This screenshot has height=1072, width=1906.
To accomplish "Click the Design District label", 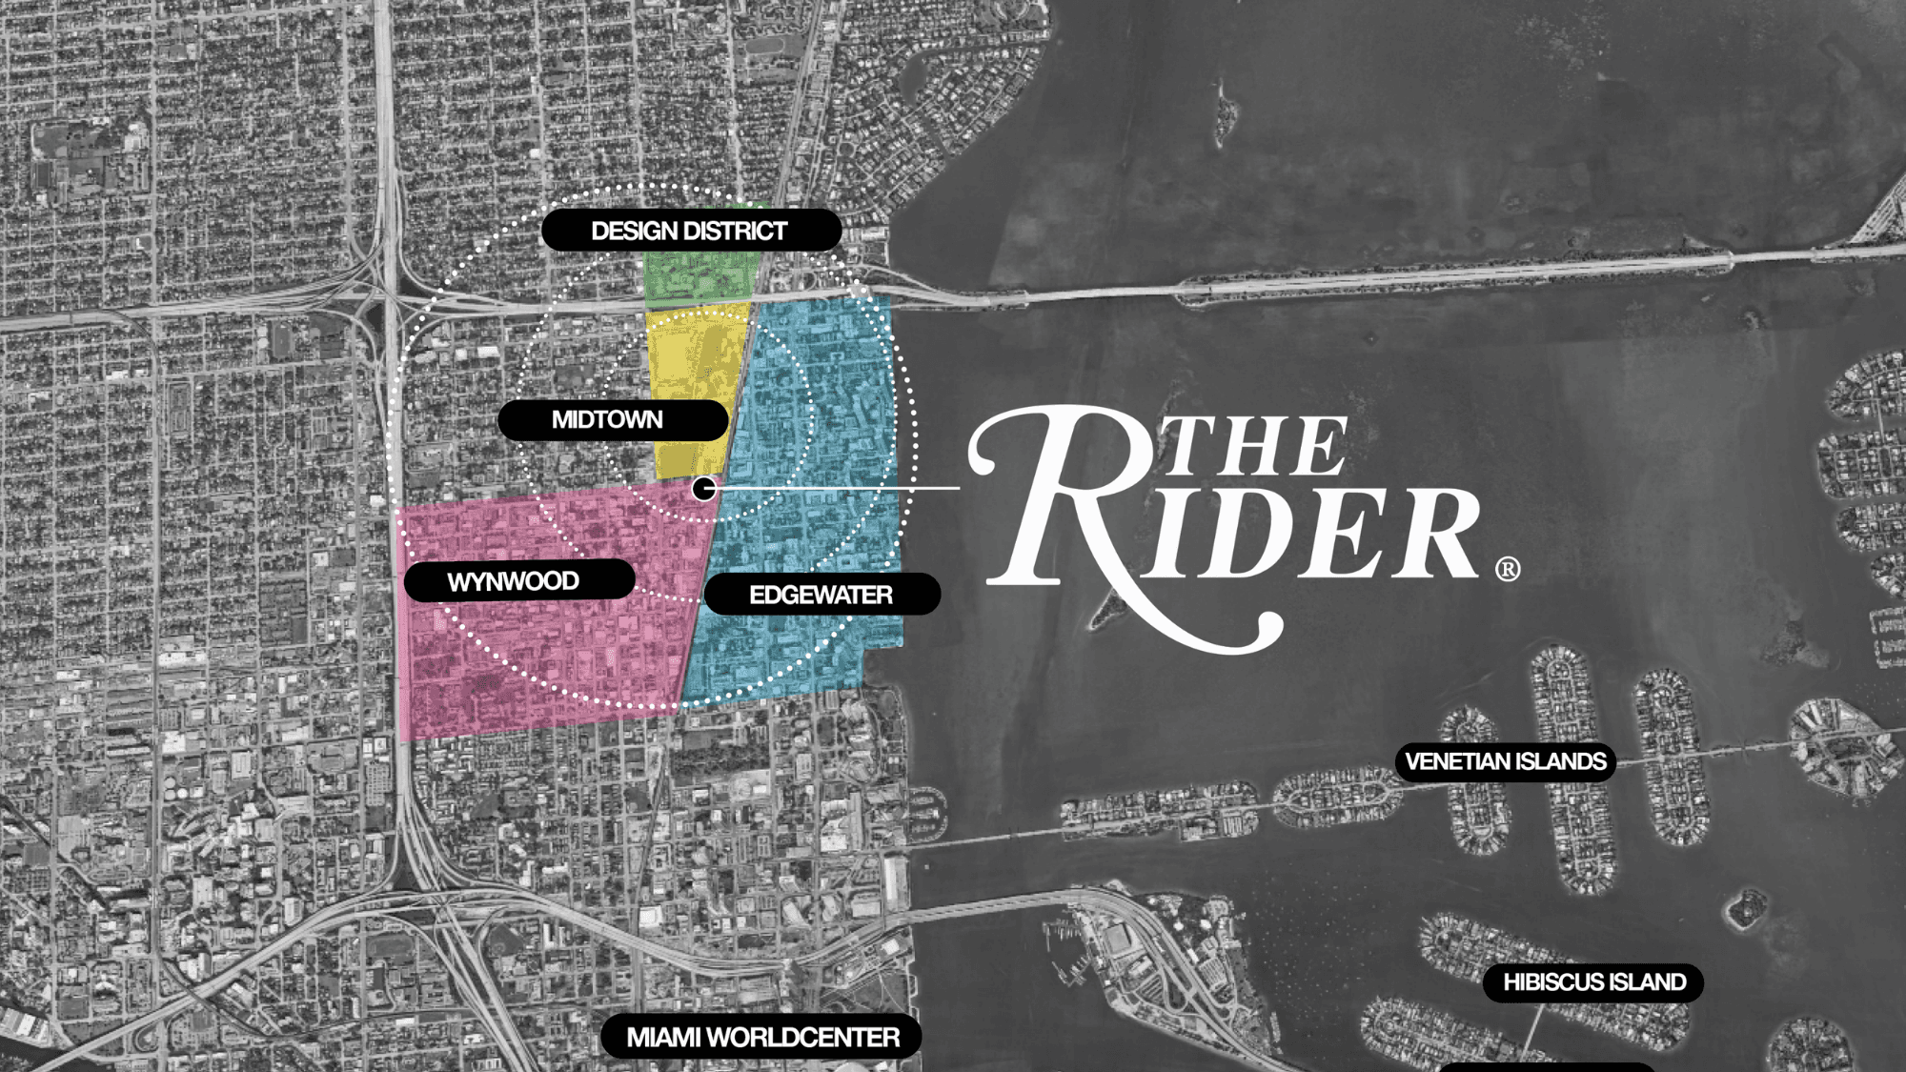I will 690,231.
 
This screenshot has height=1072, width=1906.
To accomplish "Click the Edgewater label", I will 821,595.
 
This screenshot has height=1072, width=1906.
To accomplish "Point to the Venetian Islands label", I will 1506,762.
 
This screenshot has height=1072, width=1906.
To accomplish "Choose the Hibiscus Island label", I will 1593,982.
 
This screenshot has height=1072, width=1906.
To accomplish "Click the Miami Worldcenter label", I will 761,1037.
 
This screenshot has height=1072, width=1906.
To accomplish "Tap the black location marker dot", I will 703,489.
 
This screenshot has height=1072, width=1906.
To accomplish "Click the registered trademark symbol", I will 1508,570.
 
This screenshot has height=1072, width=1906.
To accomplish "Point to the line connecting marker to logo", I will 839,488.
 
